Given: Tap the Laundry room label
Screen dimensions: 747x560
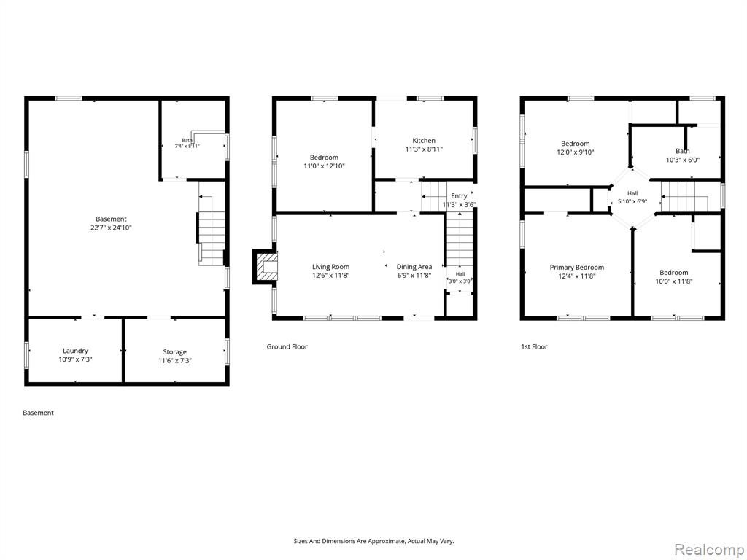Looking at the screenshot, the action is tap(75, 351).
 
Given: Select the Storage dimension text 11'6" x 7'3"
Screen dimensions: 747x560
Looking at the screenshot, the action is tap(174, 361).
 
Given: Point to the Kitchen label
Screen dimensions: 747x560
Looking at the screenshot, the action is tap(424, 141).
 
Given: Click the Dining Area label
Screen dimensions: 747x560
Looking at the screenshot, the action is tap(414, 267).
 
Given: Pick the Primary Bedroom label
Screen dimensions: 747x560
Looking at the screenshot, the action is tap(576, 267).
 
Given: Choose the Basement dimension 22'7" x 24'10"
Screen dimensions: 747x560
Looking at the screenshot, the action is tap(111, 227).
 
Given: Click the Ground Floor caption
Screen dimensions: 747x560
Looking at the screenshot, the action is tap(287, 346).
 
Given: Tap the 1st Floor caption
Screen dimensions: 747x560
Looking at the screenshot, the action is tap(534, 346).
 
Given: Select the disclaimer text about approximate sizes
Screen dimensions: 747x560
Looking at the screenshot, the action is tap(373, 541).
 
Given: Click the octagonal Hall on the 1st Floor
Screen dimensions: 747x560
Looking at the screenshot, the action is tap(632, 197).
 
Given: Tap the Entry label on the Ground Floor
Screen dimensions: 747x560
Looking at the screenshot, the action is tap(459, 195).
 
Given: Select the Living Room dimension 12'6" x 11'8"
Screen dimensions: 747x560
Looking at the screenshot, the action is tap(330, 275).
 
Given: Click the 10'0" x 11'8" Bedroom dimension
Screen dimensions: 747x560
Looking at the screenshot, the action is tap(673, 281).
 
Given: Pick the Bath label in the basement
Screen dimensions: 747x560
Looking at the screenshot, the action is tap(187, 140).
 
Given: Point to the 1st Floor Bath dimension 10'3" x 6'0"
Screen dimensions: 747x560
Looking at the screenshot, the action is tap(683, 160).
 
